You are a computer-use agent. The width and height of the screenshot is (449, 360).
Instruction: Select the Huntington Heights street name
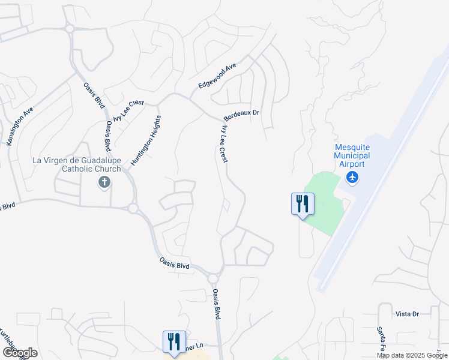pyautogui.click(x=145, y=140)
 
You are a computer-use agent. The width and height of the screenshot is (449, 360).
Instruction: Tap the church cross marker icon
pyautogui.click(x=104, y=182)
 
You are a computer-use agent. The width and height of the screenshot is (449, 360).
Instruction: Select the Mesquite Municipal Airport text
pyautogui.click(x=352, y=155)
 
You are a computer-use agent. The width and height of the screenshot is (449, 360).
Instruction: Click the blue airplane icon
pyautogui.click(x=352, y=177)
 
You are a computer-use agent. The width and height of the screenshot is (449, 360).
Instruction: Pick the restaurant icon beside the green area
pyautogui.click(x=303, y=204)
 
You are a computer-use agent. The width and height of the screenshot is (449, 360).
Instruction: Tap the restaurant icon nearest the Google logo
pyautogui.click(x=174, y=342)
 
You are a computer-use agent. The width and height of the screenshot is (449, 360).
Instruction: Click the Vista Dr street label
pyautogui.click(x=406, y=314)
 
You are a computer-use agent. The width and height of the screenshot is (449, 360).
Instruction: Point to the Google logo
pyautogui.click(x=19, y=353)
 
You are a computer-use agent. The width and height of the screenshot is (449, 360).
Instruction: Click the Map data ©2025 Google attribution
pyautogui.click(x=412, y=355)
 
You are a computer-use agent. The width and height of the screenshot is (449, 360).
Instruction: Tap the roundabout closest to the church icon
pyautogui.click(x=133, y=208)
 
